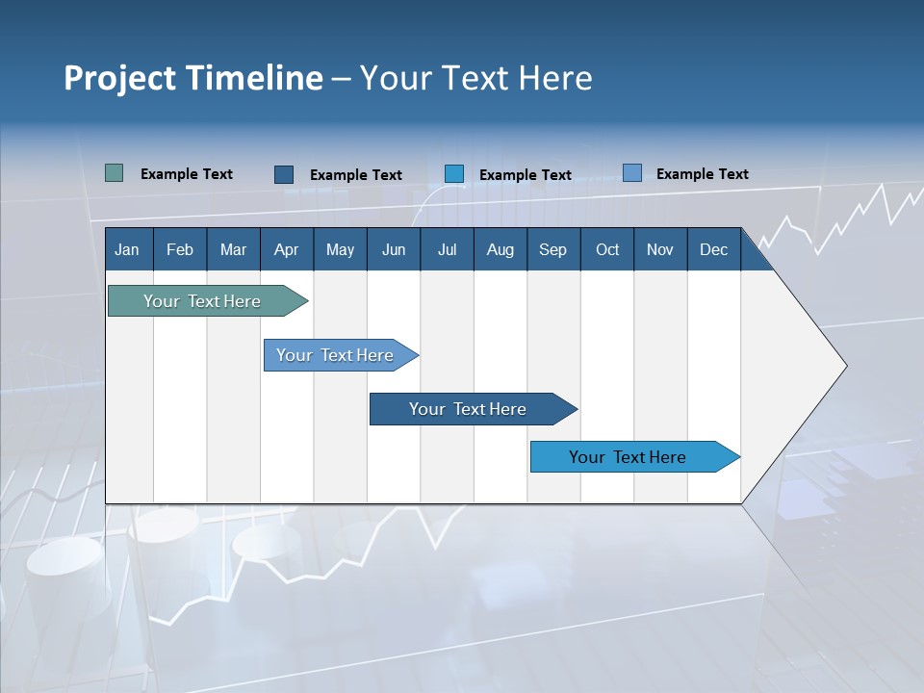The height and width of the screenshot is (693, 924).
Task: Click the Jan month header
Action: click(x=127, y=249)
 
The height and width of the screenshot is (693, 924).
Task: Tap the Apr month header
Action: click(x=286, y=249)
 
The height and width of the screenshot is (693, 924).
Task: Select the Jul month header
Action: click(x=447, y=249)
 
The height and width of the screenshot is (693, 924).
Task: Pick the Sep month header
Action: click(x=552, y=249)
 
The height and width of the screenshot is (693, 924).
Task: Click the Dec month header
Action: click(x=713, y=249)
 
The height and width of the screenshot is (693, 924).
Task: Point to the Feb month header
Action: click(x=180, y=249)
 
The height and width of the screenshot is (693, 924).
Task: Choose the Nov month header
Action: click(x=659, y=249)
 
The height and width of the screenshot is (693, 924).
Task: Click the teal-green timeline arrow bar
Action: click(x=202, y=301)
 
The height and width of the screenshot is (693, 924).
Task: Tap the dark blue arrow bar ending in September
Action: click(x=468, y=409)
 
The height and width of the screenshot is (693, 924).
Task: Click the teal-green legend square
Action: click(x=114, y=173)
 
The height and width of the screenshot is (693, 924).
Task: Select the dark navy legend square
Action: click(x=284, y=174)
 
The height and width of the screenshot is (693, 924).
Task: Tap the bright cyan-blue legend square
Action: click(x=454, y=174)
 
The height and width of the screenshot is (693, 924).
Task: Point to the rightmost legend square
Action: click(x=632, y=173)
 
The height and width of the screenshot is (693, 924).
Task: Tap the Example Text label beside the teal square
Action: click(x=187, y=174)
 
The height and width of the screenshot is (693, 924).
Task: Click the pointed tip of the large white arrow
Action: click(x=844, y=366)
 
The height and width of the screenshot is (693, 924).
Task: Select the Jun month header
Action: click(x=394, y=249)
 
